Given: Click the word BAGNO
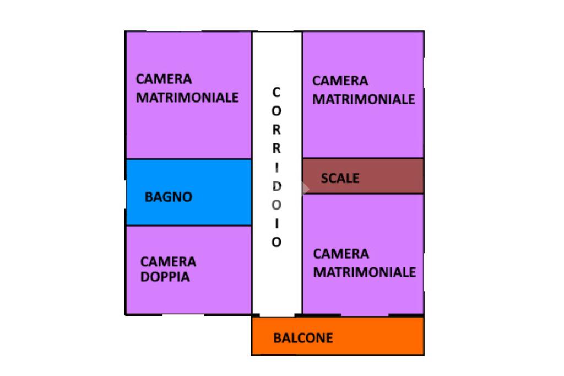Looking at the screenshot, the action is click(168, 197).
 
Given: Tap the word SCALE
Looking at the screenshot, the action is click(340, 178).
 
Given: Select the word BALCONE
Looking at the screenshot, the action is click(303, 338).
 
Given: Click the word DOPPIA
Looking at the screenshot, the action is click(165, 277).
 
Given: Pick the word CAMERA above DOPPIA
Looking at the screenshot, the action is click(168, 261).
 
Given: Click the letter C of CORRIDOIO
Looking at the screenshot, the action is click(276, 92).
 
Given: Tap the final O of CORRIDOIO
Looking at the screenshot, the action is click(276, 242).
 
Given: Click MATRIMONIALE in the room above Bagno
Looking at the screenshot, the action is click(187, 98).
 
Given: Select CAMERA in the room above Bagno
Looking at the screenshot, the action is click(164, 79).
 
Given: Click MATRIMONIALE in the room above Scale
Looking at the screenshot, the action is click(364, 99).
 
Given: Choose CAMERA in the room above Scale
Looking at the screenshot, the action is click(340, 81).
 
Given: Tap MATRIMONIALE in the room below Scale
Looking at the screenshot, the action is click(364, 272).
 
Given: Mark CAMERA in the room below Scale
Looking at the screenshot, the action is click(341, 254).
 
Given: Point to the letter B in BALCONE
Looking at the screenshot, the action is click(278, 338).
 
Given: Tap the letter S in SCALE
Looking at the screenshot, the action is click(324, 178).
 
